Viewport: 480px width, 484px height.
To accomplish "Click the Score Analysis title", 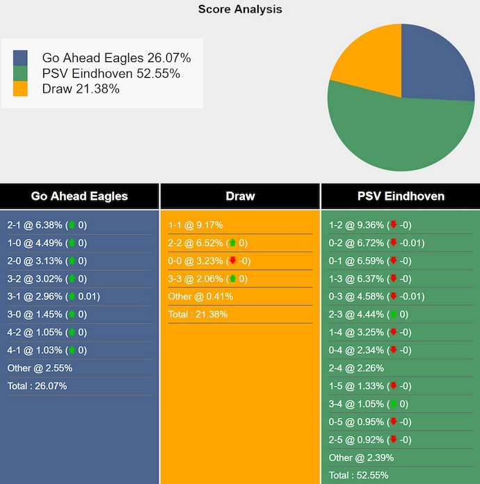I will pyautogui.click(x=240, y=9).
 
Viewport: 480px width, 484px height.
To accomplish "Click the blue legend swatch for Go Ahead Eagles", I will pyautogui.click(x=20, y=58).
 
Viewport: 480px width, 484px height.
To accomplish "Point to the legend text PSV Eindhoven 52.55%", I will pyautogui.click(x=111, y=73).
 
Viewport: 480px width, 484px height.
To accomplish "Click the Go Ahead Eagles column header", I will pyautogui.click(x=79, y=196).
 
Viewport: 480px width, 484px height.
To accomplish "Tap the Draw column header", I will pyautogui.click(x=240, y=196).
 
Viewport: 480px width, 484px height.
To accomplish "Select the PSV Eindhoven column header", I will pyautogui.click(x=401, y=196).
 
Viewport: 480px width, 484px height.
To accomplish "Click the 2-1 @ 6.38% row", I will pyautogui.click(x=47, y=225).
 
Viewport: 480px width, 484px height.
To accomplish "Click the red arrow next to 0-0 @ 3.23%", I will pyautogui.click(x=232, y=261).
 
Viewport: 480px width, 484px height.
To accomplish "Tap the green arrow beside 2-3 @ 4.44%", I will pyautogui.click(x=393, y=315).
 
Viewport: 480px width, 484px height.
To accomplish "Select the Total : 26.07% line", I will pyautogui.click(x=37, y=386).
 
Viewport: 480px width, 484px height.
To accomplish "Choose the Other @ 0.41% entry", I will pyautogui.click(x=200, y=297).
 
